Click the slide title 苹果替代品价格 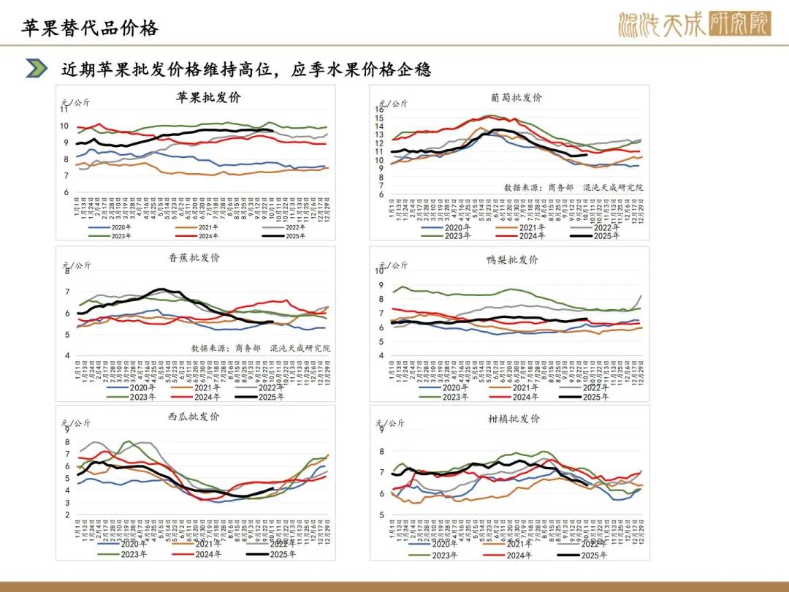point(90,29)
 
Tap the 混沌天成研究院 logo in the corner point(693,25)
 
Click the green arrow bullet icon point(37,69)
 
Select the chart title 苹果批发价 point(208,97)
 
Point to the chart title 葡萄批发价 point(517,97)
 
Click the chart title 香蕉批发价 point(194,257)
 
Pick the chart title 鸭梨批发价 point(512,259)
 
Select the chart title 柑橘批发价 point(514,419)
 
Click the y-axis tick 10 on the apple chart point(64,126)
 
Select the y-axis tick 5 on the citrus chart point(381,515)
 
